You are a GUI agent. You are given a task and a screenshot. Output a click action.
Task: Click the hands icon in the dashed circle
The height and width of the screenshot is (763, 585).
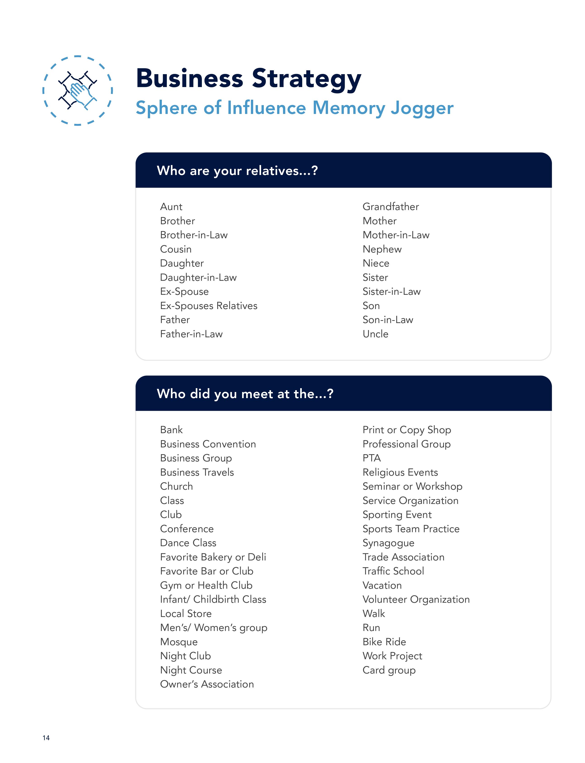click(77, 90)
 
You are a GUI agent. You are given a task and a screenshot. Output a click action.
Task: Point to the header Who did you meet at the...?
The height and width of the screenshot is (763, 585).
click(245, 394)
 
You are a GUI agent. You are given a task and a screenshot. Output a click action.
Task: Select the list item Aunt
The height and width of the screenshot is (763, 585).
click(171, 207)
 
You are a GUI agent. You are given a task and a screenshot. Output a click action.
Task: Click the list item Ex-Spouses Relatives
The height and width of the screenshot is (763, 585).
click(209, 306)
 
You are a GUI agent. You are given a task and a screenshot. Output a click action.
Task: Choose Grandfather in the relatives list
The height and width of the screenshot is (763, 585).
click(390, 207)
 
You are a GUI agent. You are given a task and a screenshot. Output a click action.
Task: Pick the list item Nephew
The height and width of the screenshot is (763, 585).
click(382, 249)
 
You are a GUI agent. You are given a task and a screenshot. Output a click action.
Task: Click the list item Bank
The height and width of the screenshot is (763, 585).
click(171, 430)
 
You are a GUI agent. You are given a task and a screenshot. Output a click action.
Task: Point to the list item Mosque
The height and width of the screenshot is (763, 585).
click(179, 642)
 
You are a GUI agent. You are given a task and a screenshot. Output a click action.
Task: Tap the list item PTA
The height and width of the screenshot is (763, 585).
click(372, 458)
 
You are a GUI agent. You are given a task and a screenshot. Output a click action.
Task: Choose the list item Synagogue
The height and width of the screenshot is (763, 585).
click(388, 543)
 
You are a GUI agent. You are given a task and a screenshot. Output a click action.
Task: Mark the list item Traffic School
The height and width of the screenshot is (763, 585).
click(393, 571)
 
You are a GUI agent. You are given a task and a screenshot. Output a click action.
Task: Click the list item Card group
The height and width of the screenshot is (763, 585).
click(389, 670)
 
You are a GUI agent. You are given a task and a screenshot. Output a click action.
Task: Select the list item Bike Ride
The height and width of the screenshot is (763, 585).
click(384, 642)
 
